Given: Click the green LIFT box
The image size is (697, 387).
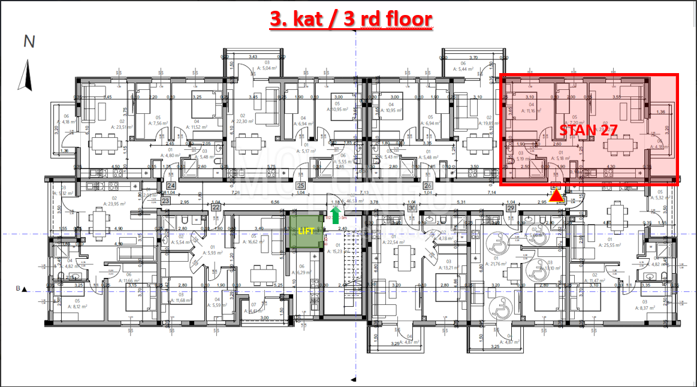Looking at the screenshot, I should pos(307,231).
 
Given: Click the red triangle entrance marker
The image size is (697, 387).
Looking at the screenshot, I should pos(557,195).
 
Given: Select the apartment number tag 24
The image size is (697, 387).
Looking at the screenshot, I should pos(171,186).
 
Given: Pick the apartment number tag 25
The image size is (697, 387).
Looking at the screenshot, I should pos(301,186).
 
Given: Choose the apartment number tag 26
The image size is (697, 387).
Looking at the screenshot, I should pos(428,186).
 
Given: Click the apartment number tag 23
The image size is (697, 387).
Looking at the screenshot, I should pos(165,200).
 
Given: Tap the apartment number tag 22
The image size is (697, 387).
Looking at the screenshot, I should pos(215,207).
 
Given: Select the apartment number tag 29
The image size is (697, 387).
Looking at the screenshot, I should pos(511,208).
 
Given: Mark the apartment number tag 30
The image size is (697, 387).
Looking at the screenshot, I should pos(412,208).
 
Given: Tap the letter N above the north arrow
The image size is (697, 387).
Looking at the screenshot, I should pos(28,42).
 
